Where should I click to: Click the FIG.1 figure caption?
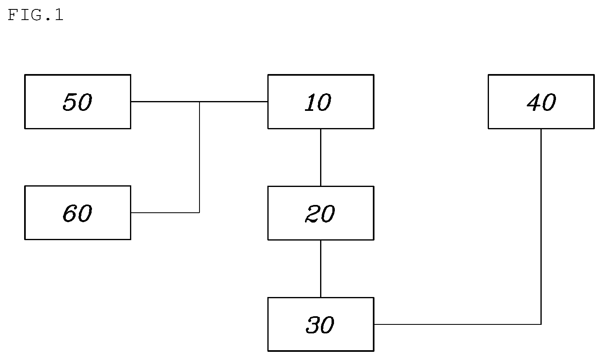pos(36,15)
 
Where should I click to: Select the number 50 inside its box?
pos(78,102)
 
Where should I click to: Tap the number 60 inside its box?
pos(78,213)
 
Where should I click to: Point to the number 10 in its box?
pos(318,102)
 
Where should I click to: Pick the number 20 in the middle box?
pos(320,214)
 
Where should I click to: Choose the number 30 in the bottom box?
pos(320,325)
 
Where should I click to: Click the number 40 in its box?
pos(541,102)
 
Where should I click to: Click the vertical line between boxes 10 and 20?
pos(321,157)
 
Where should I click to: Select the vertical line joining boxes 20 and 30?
pos(321,269)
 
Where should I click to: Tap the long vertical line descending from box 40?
pos(541,227)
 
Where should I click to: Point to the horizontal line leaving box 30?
pos(457,324)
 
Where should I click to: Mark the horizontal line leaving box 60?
pos(165,213)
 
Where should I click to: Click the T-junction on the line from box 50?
pos(200,101)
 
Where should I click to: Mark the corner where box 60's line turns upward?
pos(200,213)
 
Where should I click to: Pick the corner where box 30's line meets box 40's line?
pos(541,324)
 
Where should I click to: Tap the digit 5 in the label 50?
pos(70,102)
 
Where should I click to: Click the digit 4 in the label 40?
pos(534,102)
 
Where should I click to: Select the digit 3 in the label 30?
pos(312,325)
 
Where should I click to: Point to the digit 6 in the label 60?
pos(70,213)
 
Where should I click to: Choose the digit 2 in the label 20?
pos(312,214)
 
